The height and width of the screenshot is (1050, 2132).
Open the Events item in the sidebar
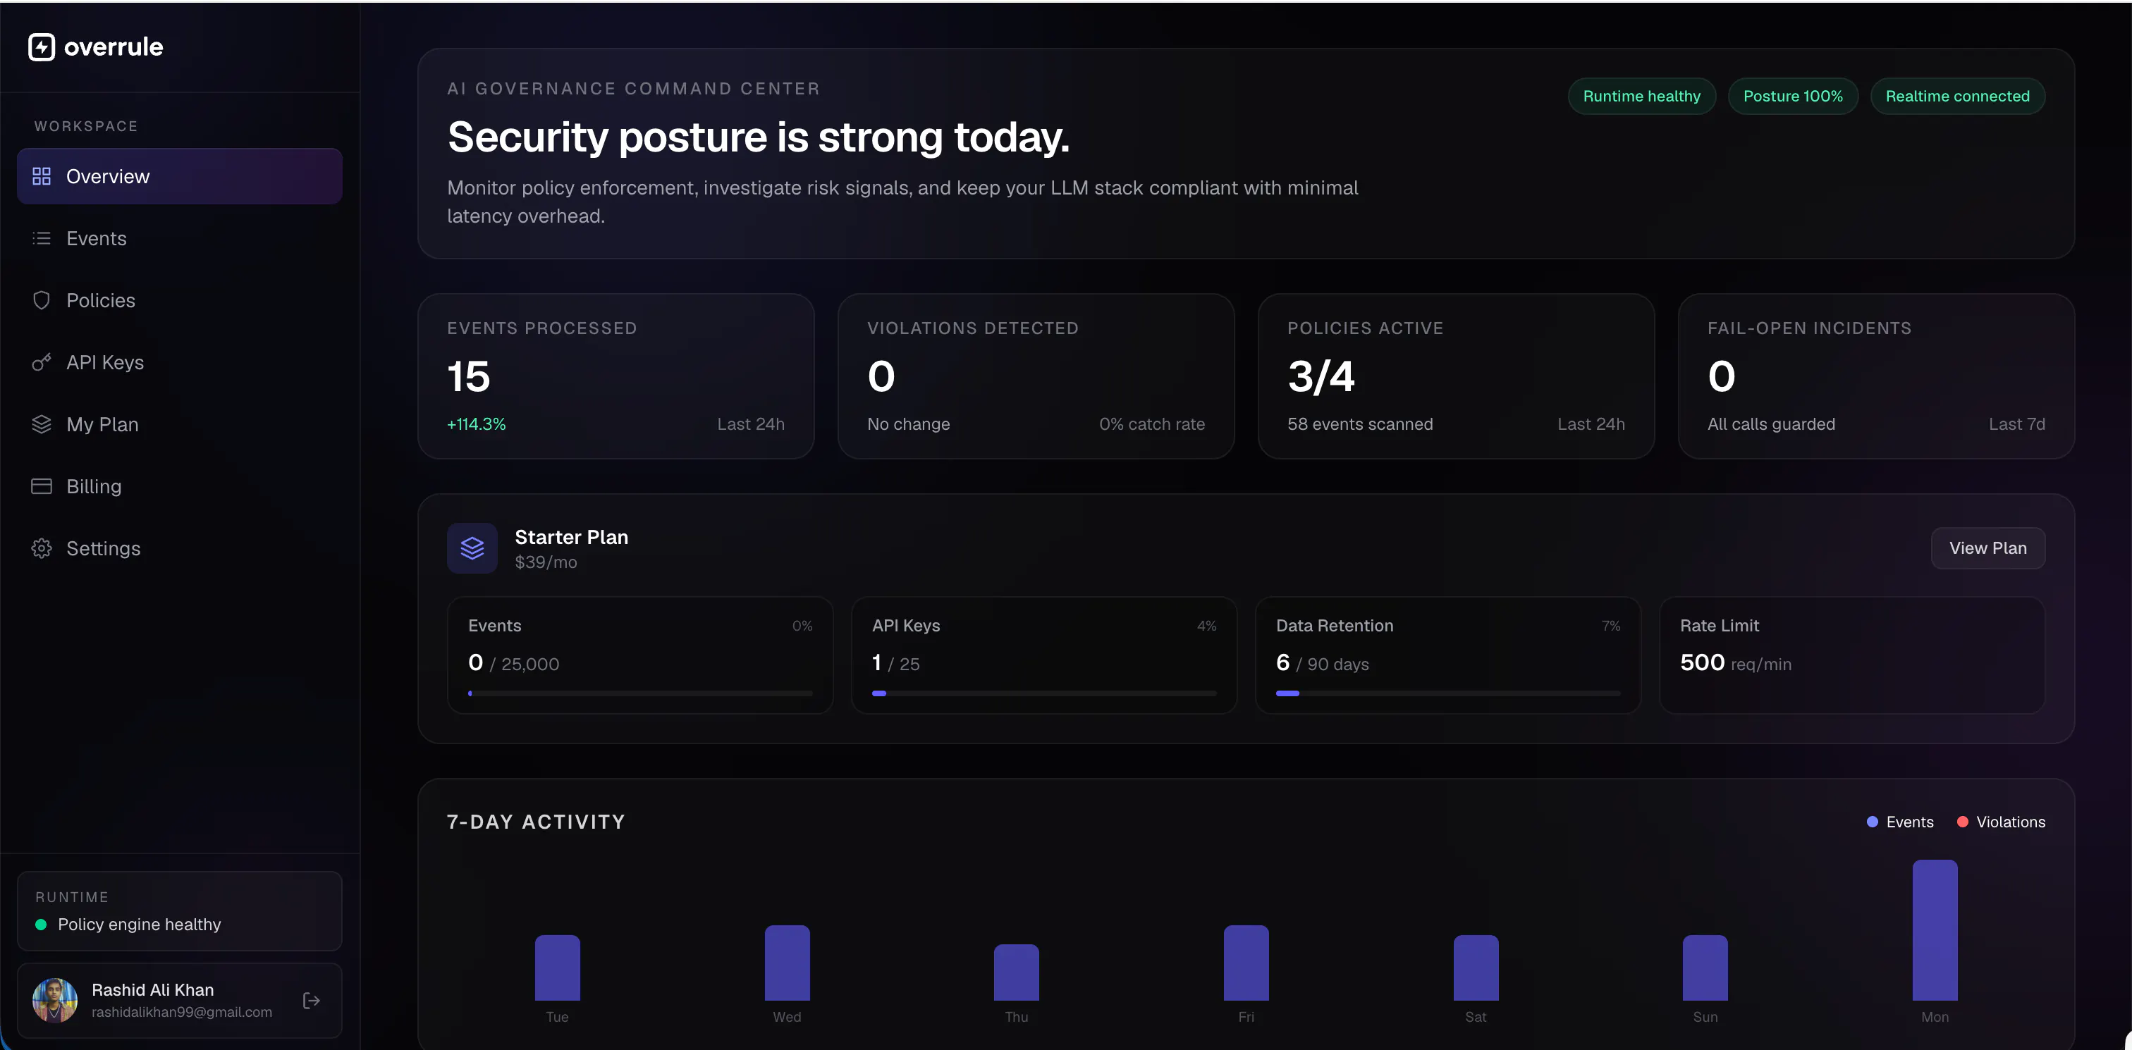(x=96, y=238)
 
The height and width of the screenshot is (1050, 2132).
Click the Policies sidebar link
(x=100, y=300)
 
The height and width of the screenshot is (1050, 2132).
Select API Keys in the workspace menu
(x=104, y=362)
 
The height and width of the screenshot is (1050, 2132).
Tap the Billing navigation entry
(x=94, y=486)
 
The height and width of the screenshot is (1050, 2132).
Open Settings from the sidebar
(x=103, y=548)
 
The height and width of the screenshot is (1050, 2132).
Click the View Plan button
(x=1987, y=548)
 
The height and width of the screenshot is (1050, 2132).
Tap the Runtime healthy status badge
(x=1641, y=96)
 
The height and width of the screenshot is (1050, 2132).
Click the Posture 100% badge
(x=1793, y=96)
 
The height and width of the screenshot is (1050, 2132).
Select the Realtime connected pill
(x=1957, y=96)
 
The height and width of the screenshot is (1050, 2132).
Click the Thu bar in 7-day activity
(x=1017, y=972)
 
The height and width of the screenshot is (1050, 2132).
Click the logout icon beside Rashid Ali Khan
(x=311, y=1001)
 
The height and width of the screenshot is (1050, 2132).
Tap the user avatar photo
(x=54, y=1001)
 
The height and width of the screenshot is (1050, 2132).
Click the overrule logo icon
(x=42, y=47)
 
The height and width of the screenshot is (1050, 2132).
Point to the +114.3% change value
(x=476, y=424)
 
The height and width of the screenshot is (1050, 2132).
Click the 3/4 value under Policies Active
(x=1321, y=376)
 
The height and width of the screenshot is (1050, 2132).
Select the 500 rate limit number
(x=1702, y=662)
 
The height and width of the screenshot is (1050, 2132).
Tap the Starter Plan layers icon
(x=472, y=548)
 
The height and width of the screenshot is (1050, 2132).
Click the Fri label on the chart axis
(x=1246, y=1017)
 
